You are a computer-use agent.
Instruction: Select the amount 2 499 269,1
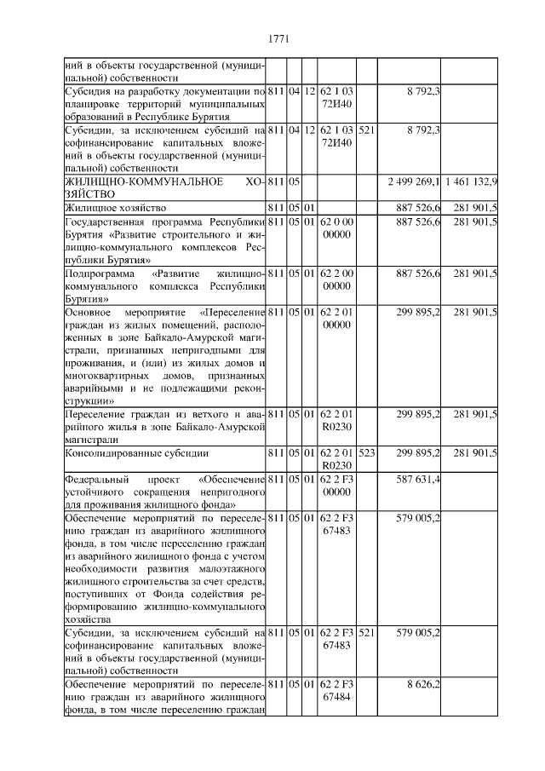(413, 182)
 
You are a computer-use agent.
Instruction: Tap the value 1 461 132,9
(471, 182)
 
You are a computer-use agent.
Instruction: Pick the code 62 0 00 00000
(337, 227)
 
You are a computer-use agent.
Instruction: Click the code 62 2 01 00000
(337, 318)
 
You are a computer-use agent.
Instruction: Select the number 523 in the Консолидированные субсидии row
(367, 453)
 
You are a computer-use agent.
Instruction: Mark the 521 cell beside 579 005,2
(367, 633)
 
